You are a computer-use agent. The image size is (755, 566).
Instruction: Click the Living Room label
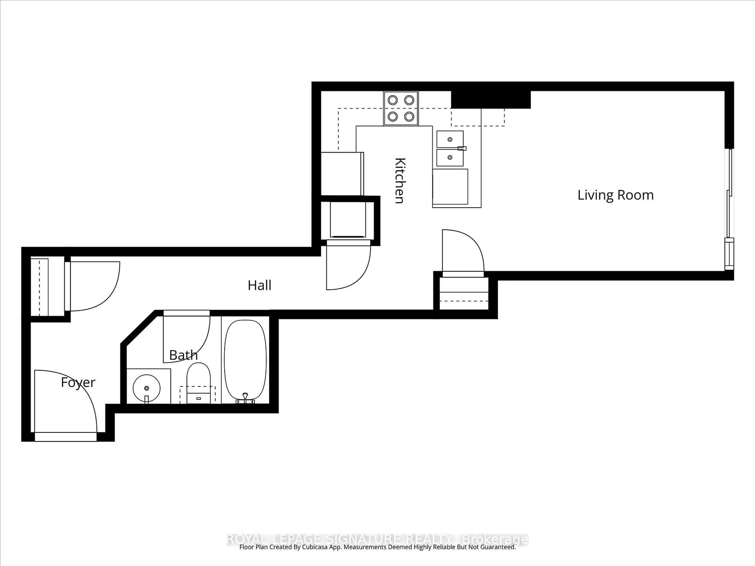pos(615,195)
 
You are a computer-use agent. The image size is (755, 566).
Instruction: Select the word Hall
pos(259,285)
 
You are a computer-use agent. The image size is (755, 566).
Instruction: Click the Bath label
pos(183,355)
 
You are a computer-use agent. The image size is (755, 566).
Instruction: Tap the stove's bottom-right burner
pos(409,117)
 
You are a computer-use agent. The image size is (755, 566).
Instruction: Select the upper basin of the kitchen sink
pos(450,139)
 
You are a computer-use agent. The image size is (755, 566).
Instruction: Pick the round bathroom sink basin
pos(146,388)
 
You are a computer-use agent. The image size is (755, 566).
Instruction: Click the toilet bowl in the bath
pos(198,375)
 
